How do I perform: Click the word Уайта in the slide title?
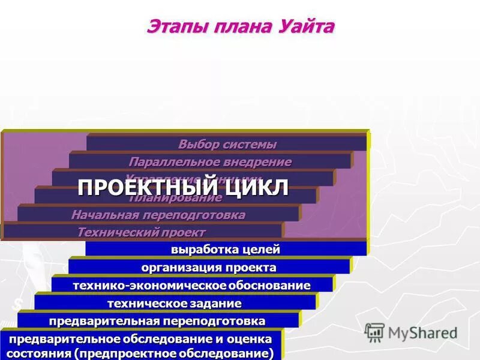coord(305,28)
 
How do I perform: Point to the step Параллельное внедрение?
coord(209,162)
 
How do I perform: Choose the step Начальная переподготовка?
coord(158,215)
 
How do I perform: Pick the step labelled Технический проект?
coord(142,232)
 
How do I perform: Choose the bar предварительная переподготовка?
coord(157,321)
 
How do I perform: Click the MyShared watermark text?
coord(423,333)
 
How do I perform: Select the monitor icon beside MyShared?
coord(374,332)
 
